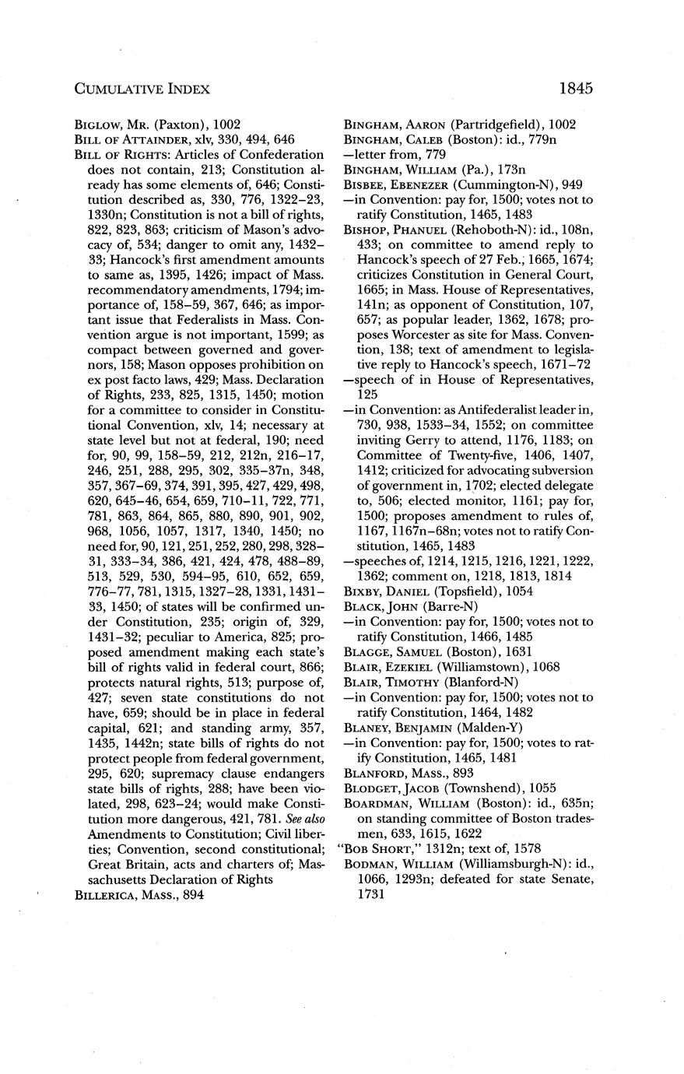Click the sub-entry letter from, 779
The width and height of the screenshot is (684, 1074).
coord(384,156)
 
